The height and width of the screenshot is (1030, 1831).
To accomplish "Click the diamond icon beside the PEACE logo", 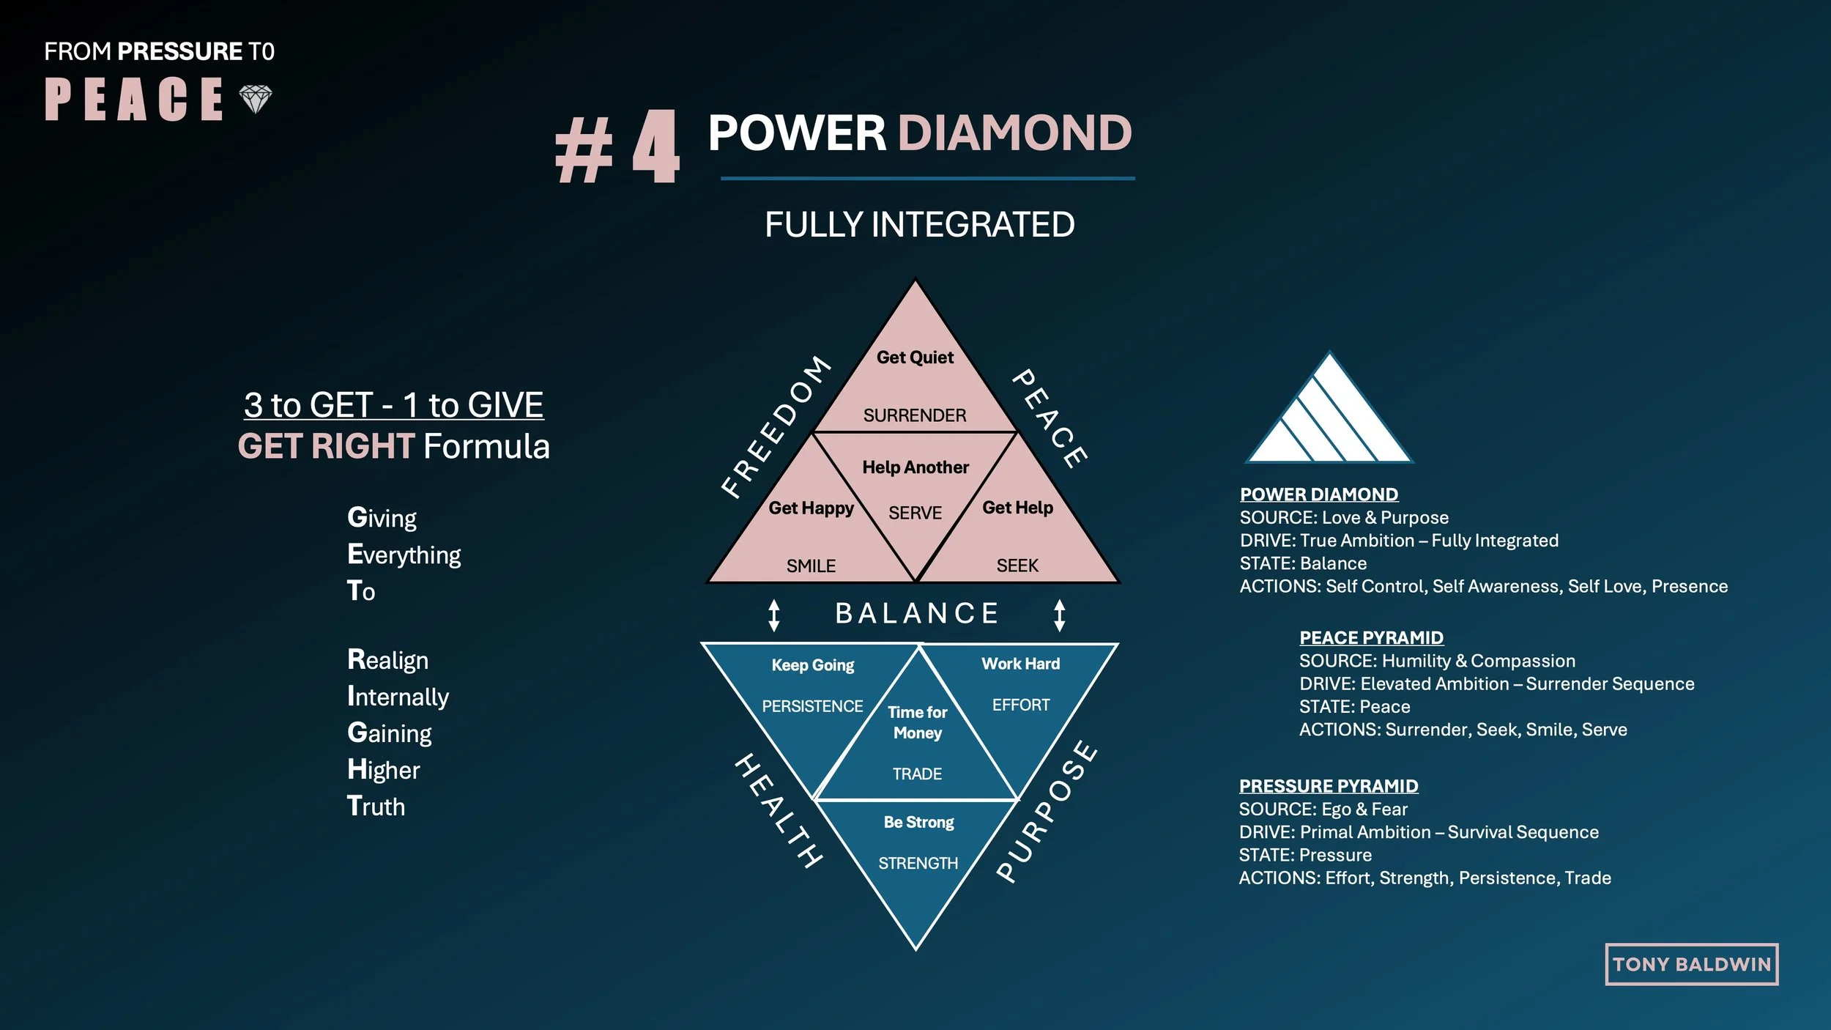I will point(256,99).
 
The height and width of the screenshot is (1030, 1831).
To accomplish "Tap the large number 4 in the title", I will point(655,147).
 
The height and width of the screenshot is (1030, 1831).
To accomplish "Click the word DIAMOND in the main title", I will point(1014,133).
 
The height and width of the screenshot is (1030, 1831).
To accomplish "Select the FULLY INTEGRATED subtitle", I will point(919,224).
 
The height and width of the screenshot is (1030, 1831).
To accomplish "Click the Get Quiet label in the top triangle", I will point(915,357).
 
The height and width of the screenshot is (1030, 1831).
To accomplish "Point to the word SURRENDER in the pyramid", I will point(915,415).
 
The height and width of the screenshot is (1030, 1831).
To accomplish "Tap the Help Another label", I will point(915,467).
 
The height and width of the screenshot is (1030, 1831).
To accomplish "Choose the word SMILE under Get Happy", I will point(811,566).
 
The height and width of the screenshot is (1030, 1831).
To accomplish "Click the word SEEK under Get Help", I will point(1017,566).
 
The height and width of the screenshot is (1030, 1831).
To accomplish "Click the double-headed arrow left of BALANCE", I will point(774,615).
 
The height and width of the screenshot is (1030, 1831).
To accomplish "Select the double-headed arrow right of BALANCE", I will point(1059,615).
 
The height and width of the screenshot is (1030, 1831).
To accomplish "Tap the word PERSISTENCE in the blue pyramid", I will point(812,706).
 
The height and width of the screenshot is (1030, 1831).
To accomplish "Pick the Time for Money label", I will point(917,722).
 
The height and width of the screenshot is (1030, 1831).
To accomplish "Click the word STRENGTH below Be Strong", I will point(918,863).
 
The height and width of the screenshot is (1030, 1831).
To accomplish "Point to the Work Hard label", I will point(1020,664).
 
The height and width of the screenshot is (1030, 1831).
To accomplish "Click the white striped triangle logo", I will point(1329,414).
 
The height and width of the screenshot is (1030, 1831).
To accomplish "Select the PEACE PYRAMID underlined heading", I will point(1371,637).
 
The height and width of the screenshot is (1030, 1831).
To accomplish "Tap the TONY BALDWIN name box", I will point(1691,964).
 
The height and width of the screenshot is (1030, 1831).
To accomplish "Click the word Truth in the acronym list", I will point(376,806).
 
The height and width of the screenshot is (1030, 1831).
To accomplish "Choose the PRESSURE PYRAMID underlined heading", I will point(1328,786).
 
